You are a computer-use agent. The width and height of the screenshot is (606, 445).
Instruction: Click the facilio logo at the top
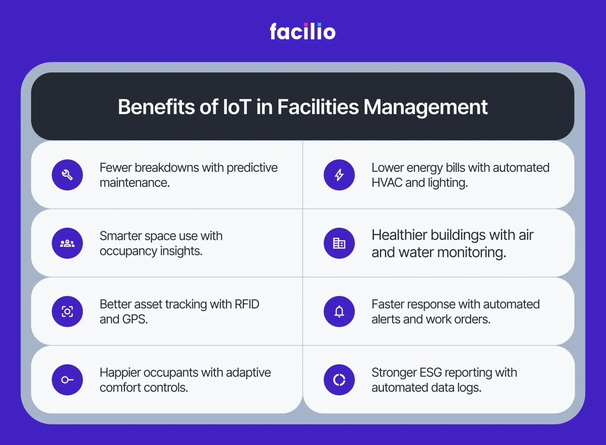(x=303, y=31)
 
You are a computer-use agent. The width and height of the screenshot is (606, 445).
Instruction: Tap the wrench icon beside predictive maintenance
(x=67, y=175)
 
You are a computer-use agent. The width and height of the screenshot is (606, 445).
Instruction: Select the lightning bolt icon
(x=339, y=175)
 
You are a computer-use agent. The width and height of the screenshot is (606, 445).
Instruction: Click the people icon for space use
(x=67, y=243)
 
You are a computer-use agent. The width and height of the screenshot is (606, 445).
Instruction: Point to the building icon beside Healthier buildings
(x=339, y=243)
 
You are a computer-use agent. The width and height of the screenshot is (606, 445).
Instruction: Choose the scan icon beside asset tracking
(x=67, y=311)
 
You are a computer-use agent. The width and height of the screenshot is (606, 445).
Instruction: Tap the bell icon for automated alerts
(x=339, y=311)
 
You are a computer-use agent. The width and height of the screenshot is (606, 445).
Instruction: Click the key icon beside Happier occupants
(x=67, y=380)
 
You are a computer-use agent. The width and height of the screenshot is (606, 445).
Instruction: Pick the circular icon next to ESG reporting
(x=339, y=380)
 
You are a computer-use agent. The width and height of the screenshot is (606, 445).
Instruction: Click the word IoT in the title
(x=237, y=107)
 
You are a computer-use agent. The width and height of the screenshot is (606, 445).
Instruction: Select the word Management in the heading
(x=426, y=107)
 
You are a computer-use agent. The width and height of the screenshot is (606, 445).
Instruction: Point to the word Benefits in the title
(x=156, y=107)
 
